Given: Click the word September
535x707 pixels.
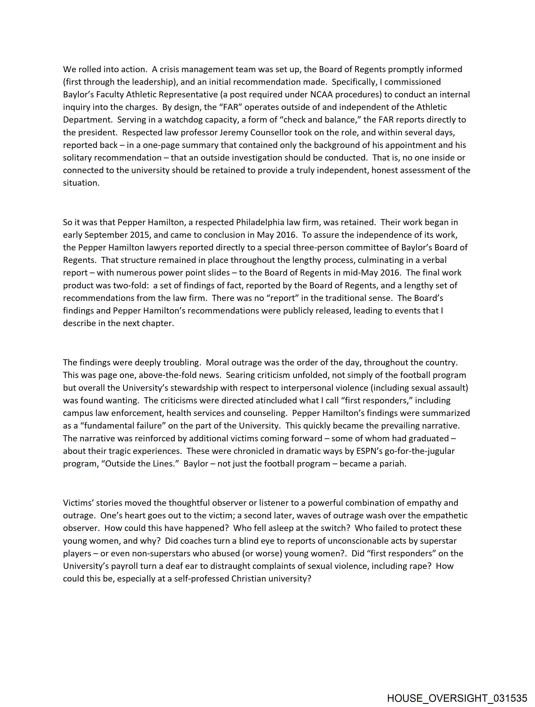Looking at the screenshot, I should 106,235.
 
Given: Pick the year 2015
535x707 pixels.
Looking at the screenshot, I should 140,235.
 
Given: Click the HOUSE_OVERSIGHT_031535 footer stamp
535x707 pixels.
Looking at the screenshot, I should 457,698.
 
